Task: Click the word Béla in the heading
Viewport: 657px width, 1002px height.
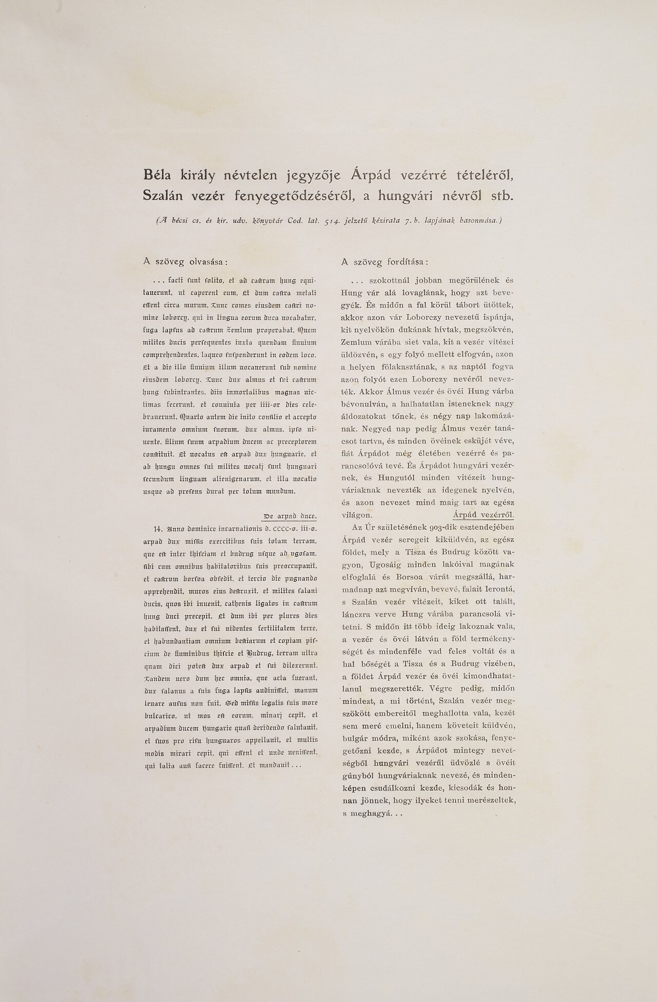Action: click(x=159, y=176)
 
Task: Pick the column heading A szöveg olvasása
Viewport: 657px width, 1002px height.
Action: click(x=185, y=262)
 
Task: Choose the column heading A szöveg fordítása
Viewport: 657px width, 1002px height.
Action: click(x=384, y=262)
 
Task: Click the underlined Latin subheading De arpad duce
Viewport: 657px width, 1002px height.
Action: click(x=289, y=516)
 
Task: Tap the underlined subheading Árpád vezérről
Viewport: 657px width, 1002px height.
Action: click(x=484, y=515)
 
